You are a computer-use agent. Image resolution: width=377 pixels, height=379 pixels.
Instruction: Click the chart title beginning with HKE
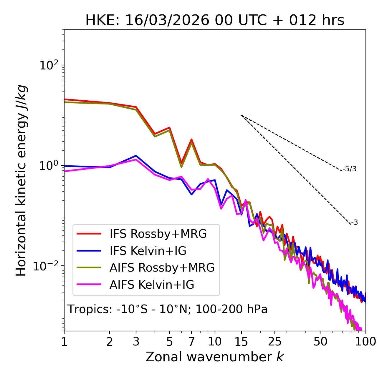(x=215, y=20)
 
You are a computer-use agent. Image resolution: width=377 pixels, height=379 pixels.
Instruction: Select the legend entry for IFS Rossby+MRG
(x=158, y=234)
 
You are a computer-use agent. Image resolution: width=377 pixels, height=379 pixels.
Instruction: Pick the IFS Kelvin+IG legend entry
(x=148, y=251)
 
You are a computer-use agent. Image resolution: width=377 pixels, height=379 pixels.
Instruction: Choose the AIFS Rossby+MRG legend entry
(x=162, y=267)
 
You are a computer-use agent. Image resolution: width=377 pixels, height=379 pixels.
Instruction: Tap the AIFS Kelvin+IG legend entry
(x=152, y=285)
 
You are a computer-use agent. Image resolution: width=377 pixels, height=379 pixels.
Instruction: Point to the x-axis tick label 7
(x=191, y=342)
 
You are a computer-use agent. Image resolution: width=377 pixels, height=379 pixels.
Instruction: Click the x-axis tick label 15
(x=241, y=342)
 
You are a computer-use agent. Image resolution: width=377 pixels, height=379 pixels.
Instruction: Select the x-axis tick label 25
(x=275, y=342)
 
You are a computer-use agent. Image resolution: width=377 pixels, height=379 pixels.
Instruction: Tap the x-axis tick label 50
(x=320, y=342)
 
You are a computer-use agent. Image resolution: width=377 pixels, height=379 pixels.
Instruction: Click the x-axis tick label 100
(x=365, y=342)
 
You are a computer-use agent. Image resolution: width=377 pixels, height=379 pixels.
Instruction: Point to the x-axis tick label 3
(x=136, y=342)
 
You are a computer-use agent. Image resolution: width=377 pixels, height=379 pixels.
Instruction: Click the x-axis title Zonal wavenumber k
(x=215, y=357)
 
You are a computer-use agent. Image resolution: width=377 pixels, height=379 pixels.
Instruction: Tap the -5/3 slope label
(x=350, y=169)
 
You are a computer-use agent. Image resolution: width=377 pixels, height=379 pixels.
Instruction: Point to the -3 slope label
(x=354, y=222)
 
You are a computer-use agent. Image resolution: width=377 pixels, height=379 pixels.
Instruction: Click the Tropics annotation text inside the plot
(x=168, y=309)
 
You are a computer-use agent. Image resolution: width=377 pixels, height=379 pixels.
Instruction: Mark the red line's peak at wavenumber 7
(x=191, y=139)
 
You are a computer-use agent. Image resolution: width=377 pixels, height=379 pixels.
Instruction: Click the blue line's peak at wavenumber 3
(x=136, y=156)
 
